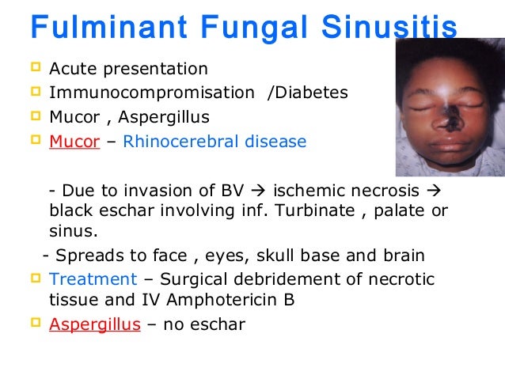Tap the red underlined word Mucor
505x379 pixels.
pos(74,142)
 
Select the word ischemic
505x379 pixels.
pos(306,191)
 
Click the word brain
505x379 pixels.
pos(404,256)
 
